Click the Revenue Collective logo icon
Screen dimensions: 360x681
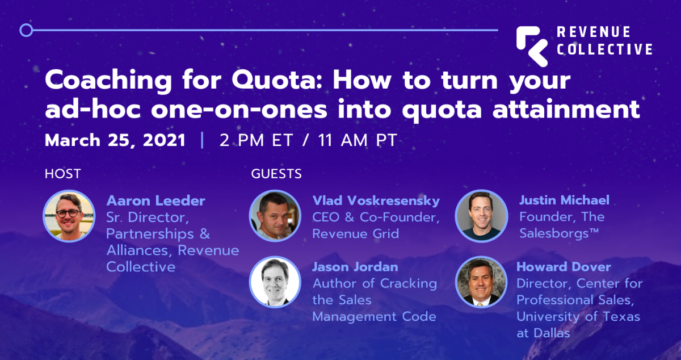tap(532, 45)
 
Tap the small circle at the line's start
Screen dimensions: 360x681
tap(26, 30)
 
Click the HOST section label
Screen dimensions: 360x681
tap(63, 174)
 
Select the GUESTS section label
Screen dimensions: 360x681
tap(276, 174)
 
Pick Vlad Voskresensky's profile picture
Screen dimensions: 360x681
tap(275, 216)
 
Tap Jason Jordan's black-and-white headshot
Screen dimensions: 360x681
tap(275, 282)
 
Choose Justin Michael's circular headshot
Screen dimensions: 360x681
tap(481, 216)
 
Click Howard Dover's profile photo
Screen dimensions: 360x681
tap(481, 282)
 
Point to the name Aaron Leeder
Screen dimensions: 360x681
tap(156, 200)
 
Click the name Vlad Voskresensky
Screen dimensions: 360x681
tap(376, 200)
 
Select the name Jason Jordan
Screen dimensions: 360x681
tap(355, 266)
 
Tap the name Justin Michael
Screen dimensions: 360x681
tap(564, 200)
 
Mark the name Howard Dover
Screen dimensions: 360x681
tap(564, 266)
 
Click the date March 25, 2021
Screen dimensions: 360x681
tap(115, 140)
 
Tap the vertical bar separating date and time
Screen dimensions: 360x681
tap(203, 140)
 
